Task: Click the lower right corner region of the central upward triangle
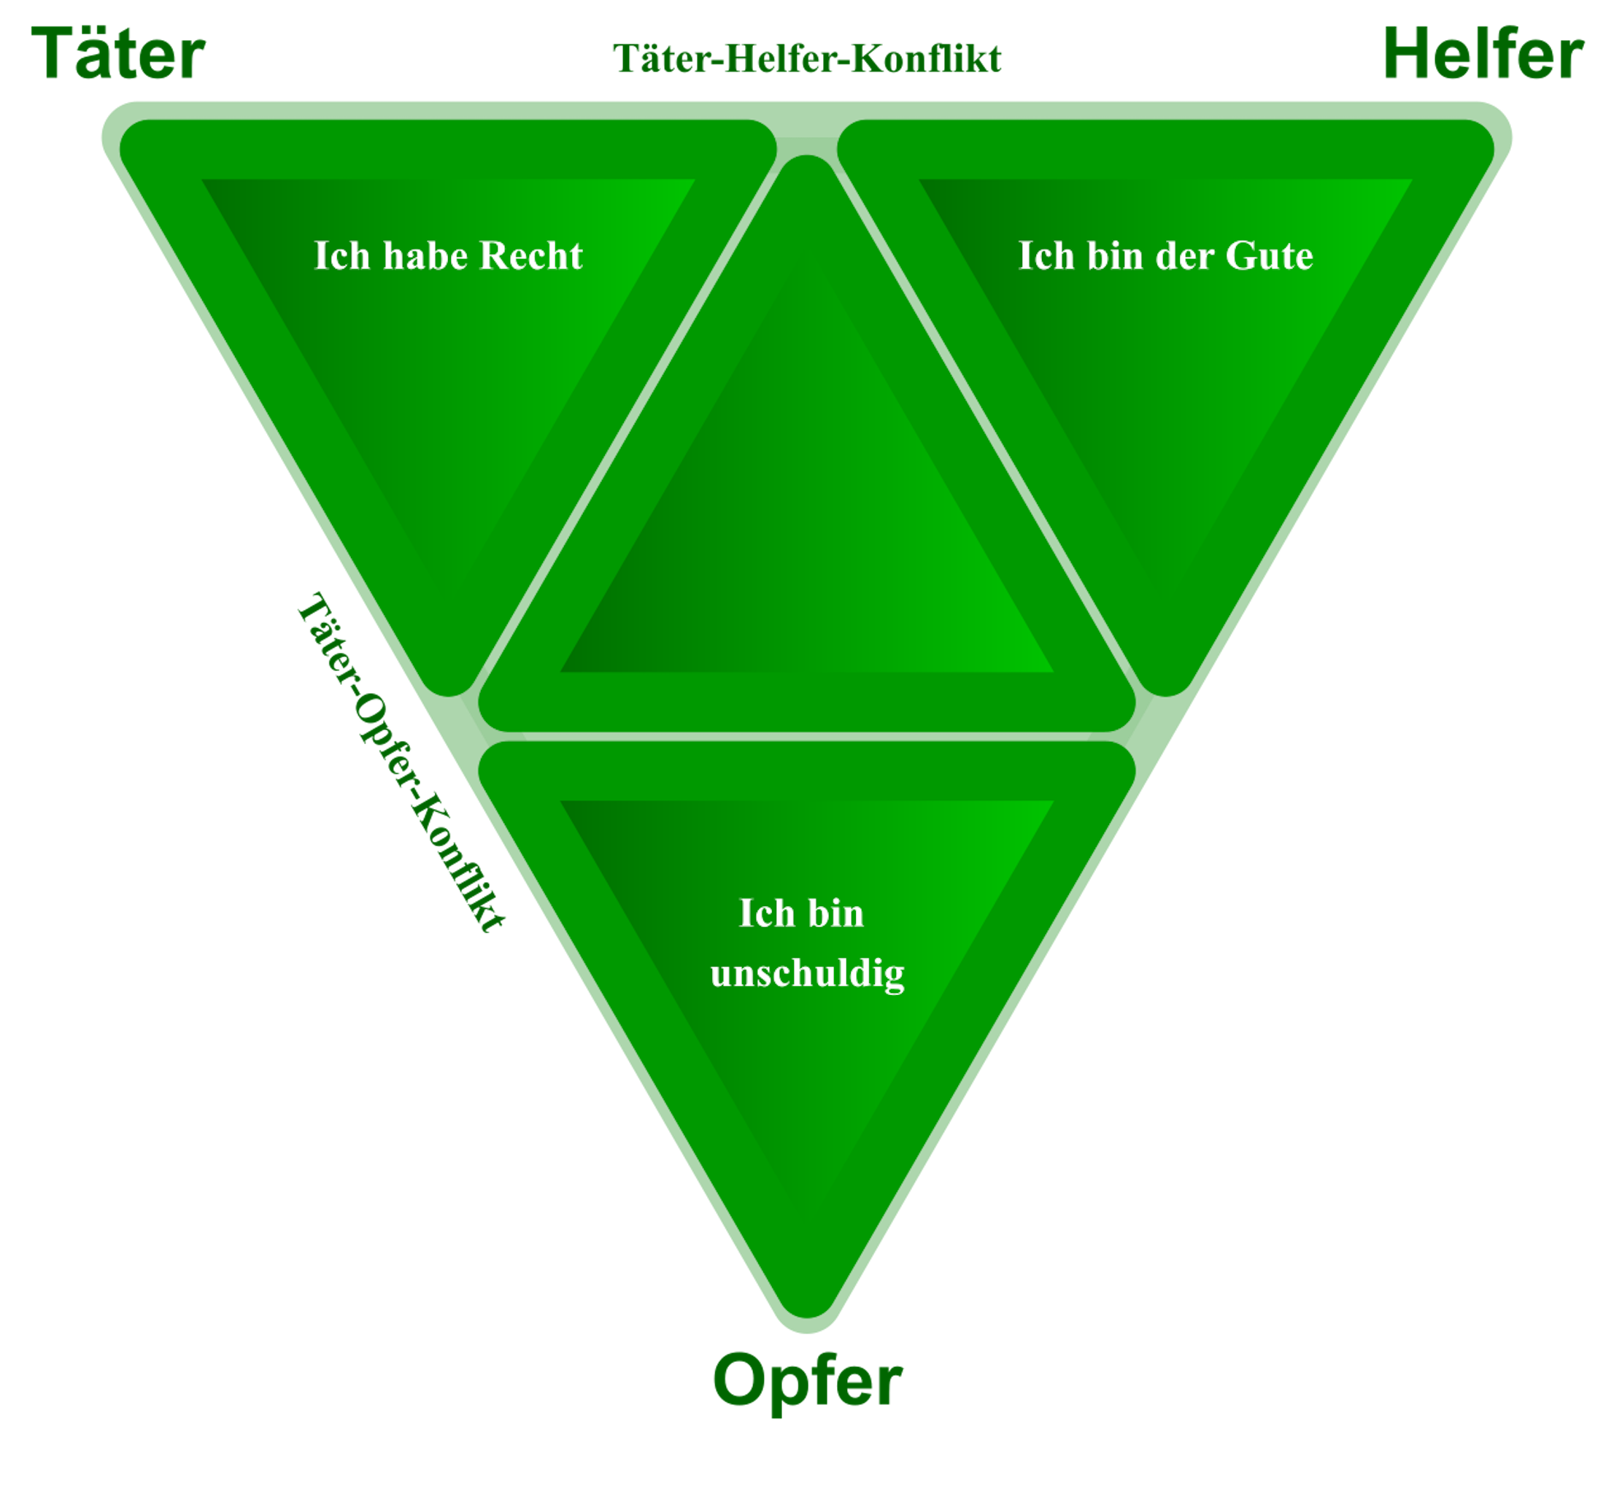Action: click(1112, 711)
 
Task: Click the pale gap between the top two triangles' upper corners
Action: click(806, 133)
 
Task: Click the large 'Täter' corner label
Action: click(118, 53)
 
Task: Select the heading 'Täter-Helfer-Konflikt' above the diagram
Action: click(807, 58)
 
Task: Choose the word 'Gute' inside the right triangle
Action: click(1269, 255)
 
